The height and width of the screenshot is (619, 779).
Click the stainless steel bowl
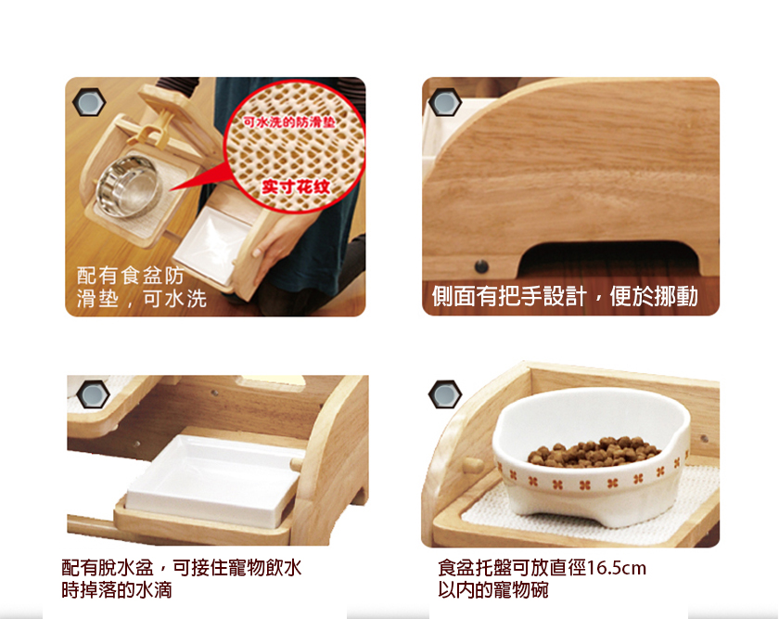pyautogui.click(x=129, y=186)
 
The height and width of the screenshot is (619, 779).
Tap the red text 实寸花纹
pyautogui.click(x=296, y=187)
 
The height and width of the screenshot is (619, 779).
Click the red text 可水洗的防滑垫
pyautogui.click(x=288, y=122)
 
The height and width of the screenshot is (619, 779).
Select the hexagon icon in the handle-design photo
pyautogui.click(x=444, y=103)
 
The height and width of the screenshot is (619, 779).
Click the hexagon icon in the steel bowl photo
pyautogui.click(x=89, y=103)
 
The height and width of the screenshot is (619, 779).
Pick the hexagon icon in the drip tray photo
pyautogui.click(x=93, y=394)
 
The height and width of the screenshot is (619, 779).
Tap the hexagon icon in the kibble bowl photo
pyautogui.click(x=444, y=394)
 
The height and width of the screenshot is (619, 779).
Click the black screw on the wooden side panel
pyautogui.click(x=481, y=266)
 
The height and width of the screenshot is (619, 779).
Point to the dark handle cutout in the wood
pyautogui.click(x=609, y=257)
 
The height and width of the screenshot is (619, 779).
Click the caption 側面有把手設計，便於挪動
pyautogui.click(x=565, y=296)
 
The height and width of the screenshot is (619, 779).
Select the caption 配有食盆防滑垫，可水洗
pyautogui.click(x=142, y=287)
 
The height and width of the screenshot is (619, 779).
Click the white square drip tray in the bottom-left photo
pyautogui.click(x=213, y=479)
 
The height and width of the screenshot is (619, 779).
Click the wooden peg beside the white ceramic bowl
pyautogui.click(x=472, y=465)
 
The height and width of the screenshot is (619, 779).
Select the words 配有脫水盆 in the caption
pyautogui.click(x=108, y=568)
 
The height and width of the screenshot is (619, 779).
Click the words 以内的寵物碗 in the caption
pyautogui.click(x=493, y=590)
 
